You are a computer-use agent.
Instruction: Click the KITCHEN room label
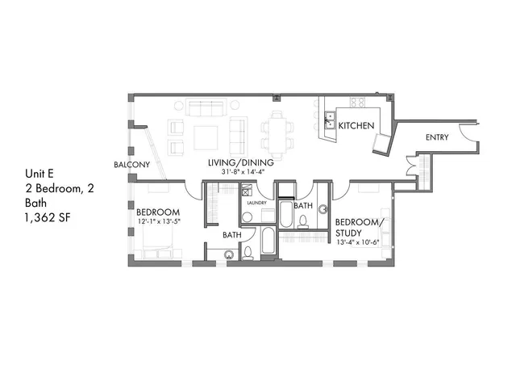pyautogui.click(x=354, y=126)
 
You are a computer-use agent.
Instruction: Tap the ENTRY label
pyautogui.click(x=436, y=138)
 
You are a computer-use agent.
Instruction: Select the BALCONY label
pyautogui.click(x=131, y=164)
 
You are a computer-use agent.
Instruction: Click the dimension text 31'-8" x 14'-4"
pyautogui.click(x=241, y=172)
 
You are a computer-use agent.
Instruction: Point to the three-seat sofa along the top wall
pyautogui.click(x=209, y=107)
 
